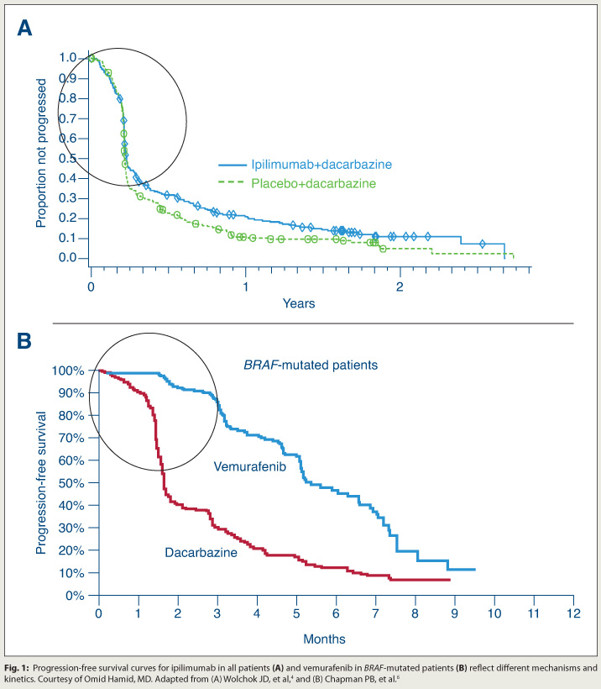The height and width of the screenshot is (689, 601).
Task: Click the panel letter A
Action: coord(26,29)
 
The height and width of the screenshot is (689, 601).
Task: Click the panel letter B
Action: coord(26,342)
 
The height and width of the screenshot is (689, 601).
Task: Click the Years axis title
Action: coord(299,302)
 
